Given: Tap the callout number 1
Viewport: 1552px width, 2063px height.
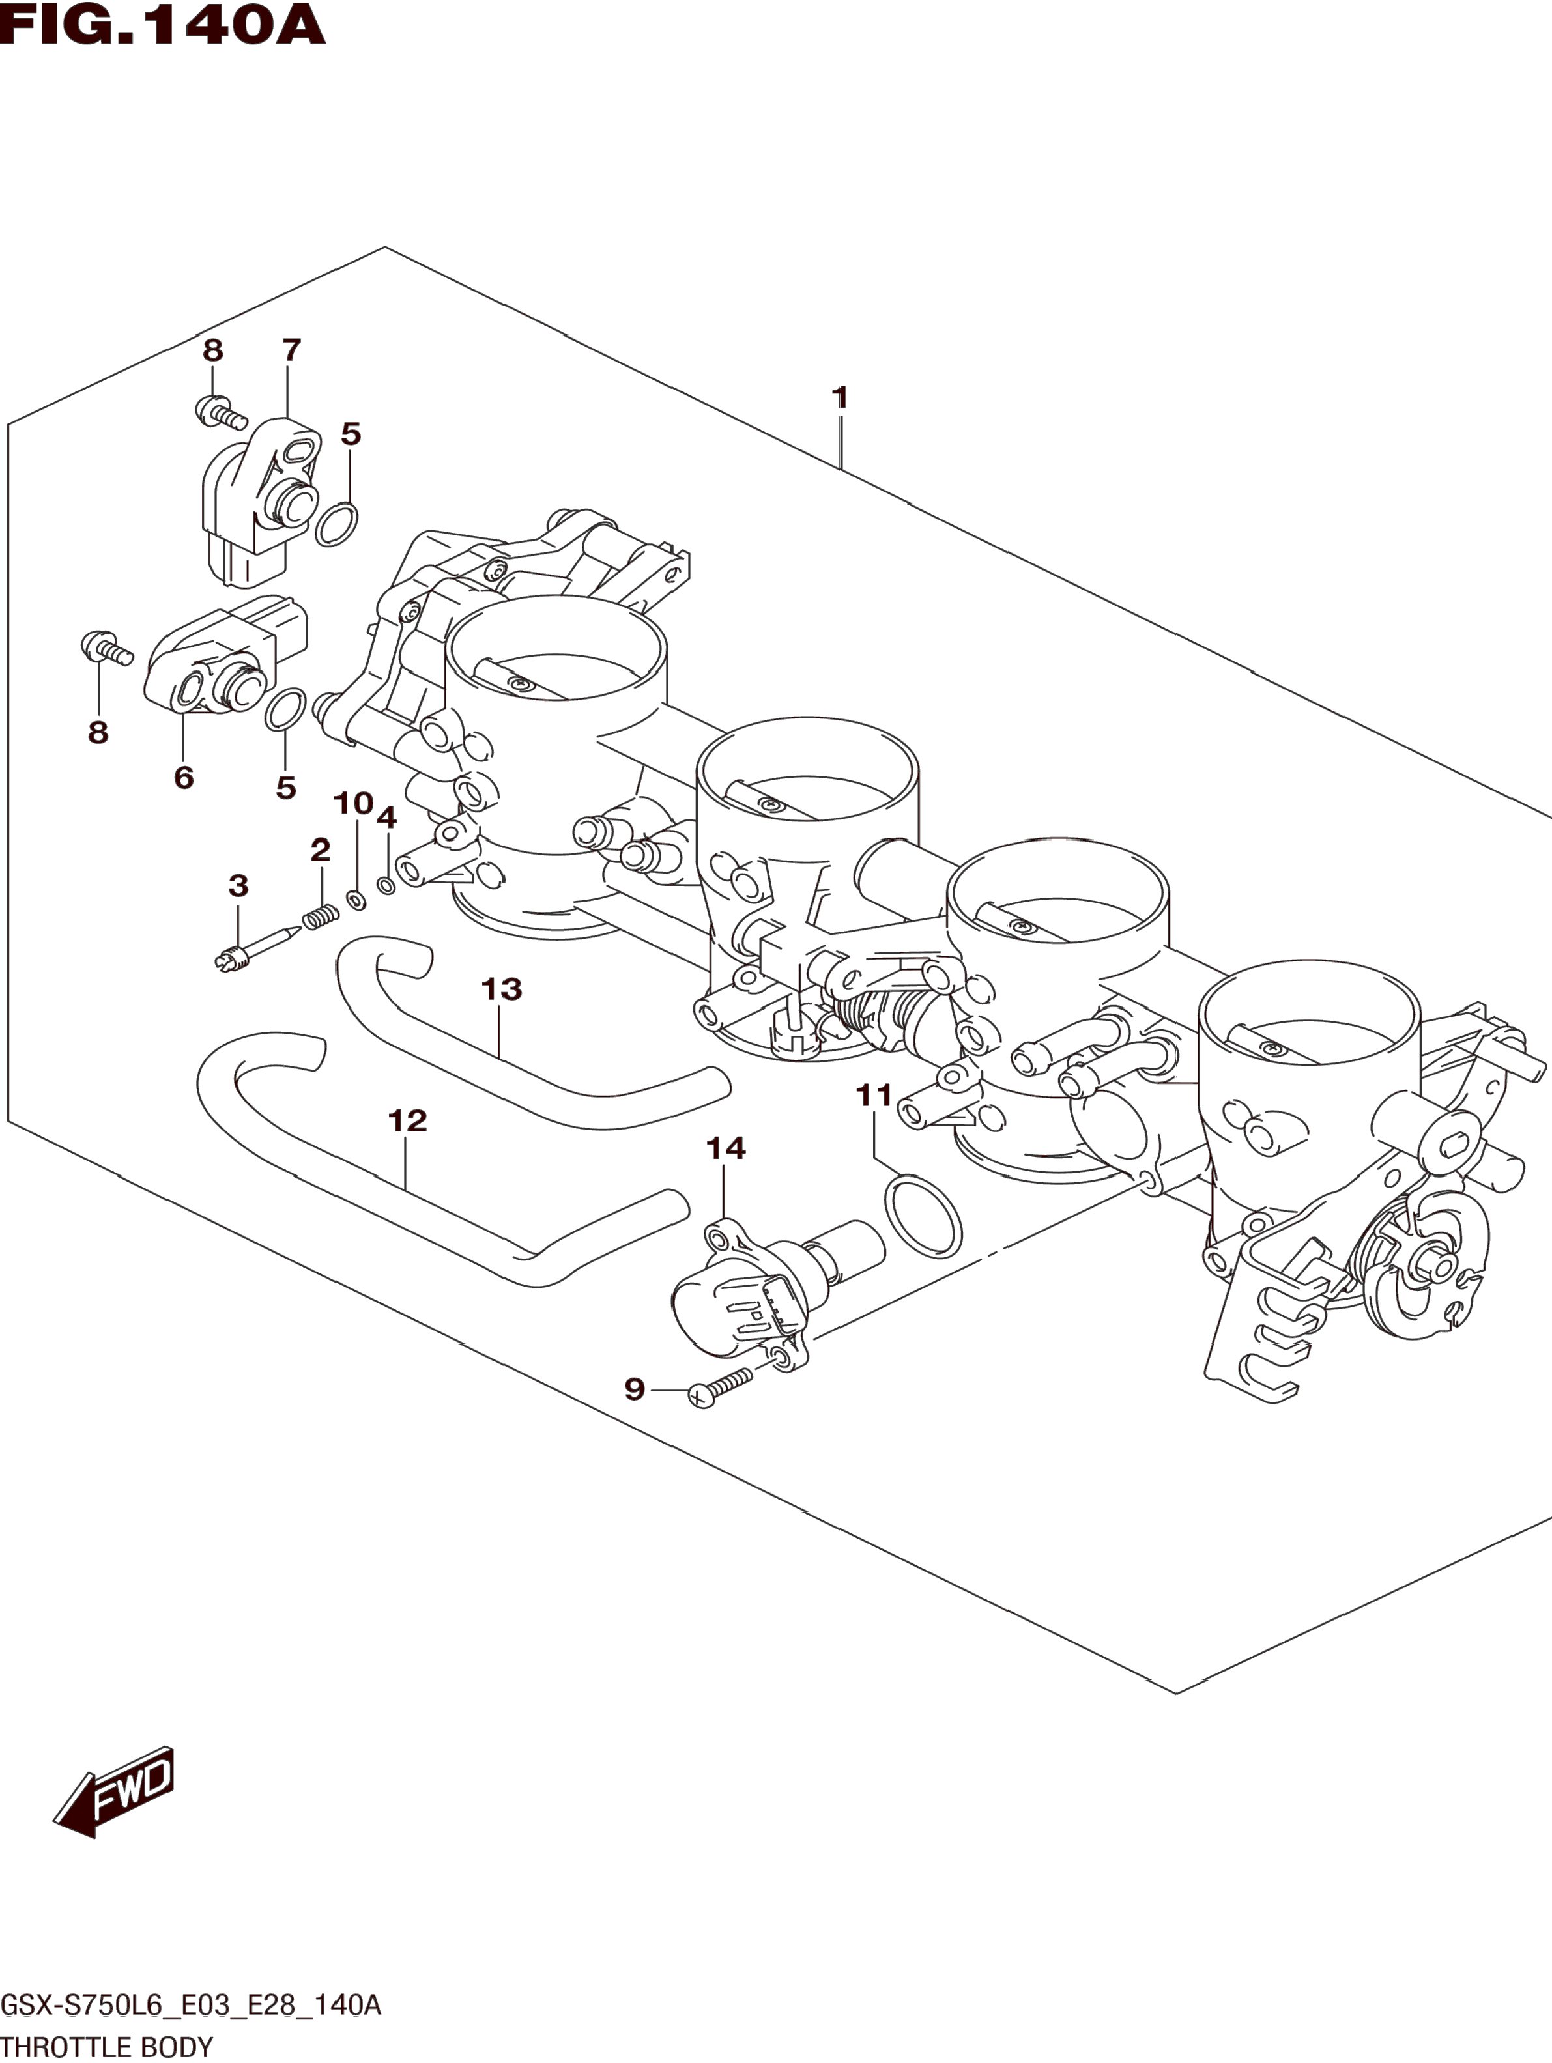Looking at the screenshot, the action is (839, 397).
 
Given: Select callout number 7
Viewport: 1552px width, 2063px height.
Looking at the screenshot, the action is (291, 350).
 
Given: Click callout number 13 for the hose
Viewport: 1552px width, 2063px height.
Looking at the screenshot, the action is (502, 989).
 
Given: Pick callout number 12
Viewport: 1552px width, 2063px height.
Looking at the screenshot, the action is (408, 1120).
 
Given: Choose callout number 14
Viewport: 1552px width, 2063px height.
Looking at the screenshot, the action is (726, 1148).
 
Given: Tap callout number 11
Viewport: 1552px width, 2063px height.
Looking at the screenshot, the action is (874, 1095).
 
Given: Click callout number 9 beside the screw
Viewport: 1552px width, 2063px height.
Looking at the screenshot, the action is (634, 1415).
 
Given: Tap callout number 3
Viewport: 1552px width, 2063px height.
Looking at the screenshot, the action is (238, 885).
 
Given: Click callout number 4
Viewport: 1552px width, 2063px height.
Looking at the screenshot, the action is (386, 818).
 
